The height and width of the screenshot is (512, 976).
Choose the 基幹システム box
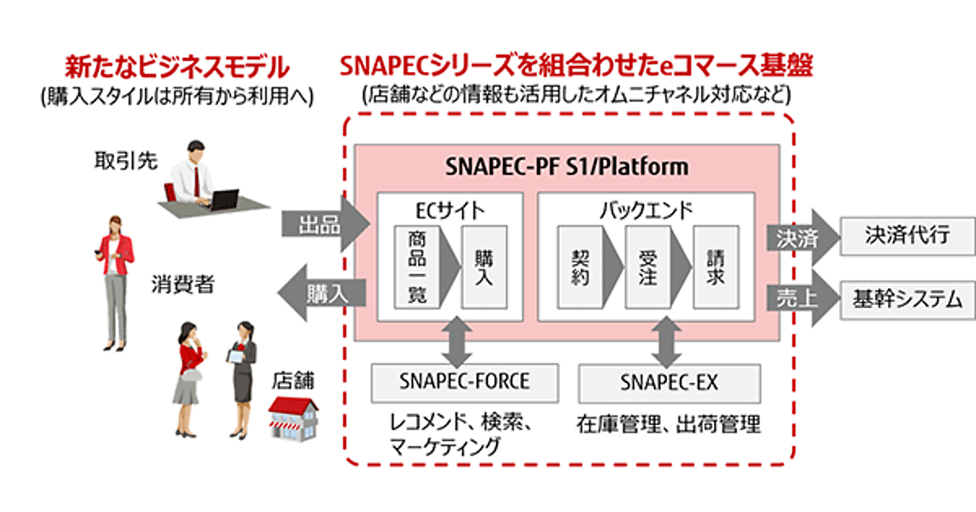click(x=906, y=298)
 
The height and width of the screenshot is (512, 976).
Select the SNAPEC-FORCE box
click(x=464, y=381)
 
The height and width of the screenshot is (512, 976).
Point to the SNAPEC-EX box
click(x=669, y=382)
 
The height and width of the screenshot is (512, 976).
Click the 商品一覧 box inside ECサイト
click(x=416, y=267)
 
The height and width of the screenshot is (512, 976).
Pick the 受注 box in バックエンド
click(x=648, y=267)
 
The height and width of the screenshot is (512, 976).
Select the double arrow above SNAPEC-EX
click(x=669, y=341)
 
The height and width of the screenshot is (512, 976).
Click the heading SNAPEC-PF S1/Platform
click(x=568, y=167)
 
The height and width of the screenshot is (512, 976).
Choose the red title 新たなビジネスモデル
click(x=176, y=64)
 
